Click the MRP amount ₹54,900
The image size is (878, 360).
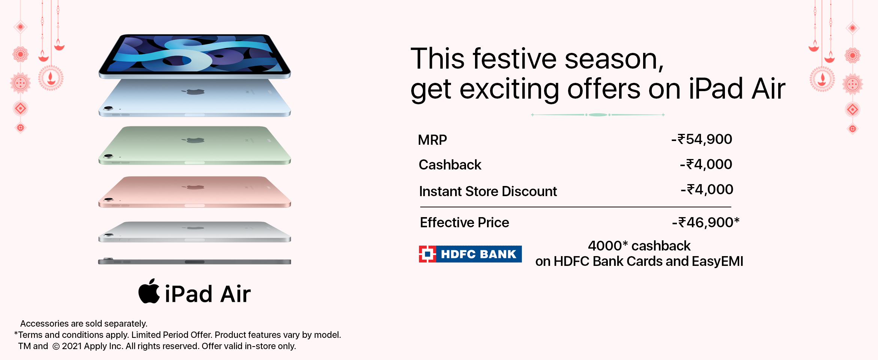pyautogui.click(x=701, y=139)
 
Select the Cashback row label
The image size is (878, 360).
pyautogui.click(x=450, y=165)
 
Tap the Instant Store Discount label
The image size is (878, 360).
pyautogui.click(x=488, y=191)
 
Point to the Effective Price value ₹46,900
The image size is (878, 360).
pyautogui.click(x=706, y=222)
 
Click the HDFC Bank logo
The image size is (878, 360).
pyautogui.click(x=470, y=254)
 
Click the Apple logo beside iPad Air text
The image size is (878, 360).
pyautogui.click(x=149, y=291)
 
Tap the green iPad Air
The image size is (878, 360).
pyautogui.click(x=194, y=145)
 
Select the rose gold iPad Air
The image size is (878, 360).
pyautogui.click(x=194, y=192)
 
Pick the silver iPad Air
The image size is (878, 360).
pyautogui.click(x=194, y=232)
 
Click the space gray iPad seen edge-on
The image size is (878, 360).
pyautogui.click(x=194, y=261)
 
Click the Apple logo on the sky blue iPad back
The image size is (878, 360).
pyautogui.click(x=194, y=91)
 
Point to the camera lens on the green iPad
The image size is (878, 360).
pyautogui.click(x=108, y=156)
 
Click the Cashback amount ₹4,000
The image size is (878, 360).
pyautogui.click(x=706, y=164)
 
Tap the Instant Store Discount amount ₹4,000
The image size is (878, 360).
pyautogui.click(x=707, y=189)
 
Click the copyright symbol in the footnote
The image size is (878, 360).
pyautogui.click(x=56, y=346)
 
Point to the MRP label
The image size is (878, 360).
pyautogui.click(x=432, y=140)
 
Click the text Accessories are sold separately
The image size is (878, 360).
pyautogui.click(x=84, y=324)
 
